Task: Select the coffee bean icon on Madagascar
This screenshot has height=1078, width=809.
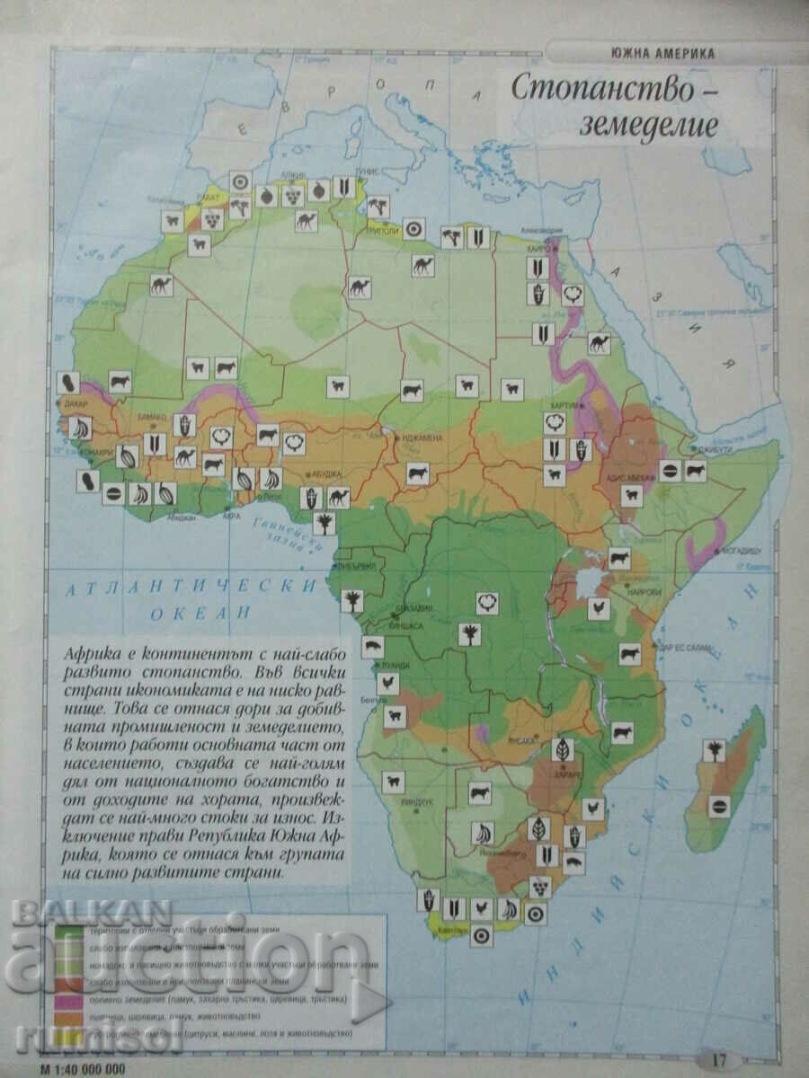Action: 718,806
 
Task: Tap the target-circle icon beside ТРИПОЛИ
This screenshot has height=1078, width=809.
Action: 413,227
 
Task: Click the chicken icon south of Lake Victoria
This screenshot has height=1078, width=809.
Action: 598,608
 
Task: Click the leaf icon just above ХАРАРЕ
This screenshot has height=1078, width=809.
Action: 563,750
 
